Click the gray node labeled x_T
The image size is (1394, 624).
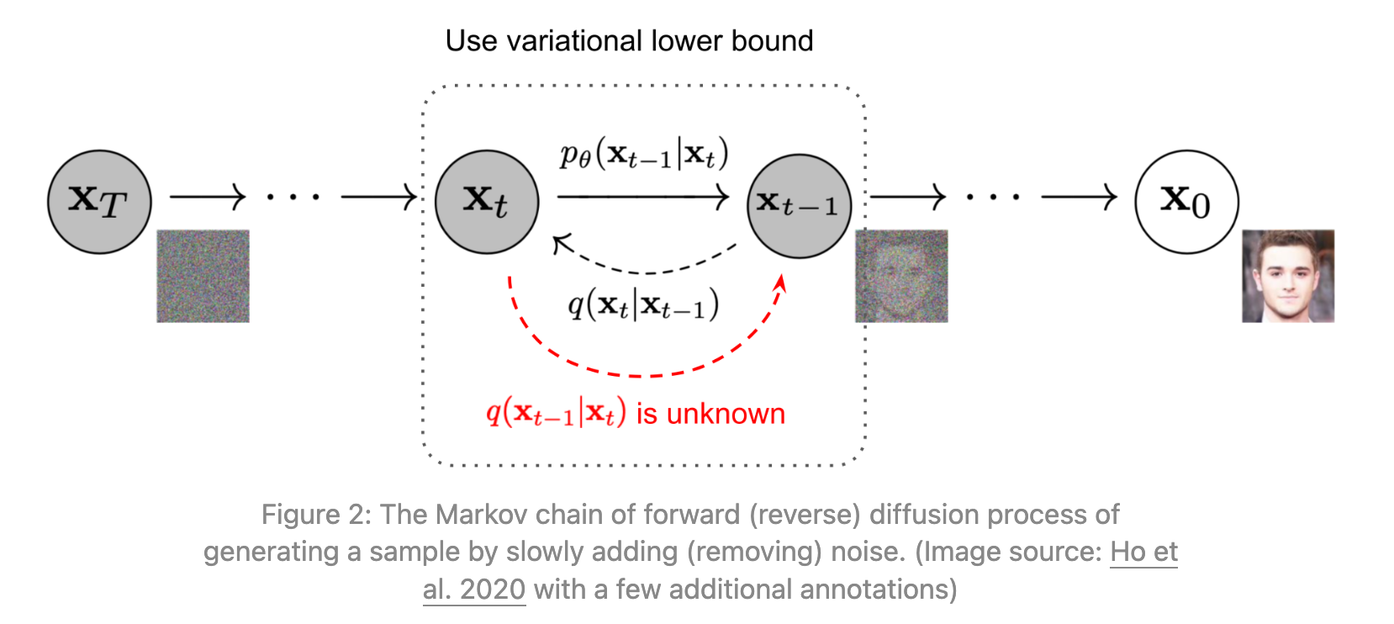[x=99, y=202]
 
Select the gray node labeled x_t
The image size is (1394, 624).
[x=487, y=202]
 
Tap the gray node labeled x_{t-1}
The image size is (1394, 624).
[x=799, y=205]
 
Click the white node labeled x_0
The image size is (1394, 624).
[x=1186, y=202]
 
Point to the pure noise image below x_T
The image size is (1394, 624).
[x=203, y=276]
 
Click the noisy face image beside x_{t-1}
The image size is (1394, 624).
[x=901, y=276]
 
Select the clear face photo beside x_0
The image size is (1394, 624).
[x=1288, y=276]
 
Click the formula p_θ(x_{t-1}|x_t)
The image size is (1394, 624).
[x=644, y=155]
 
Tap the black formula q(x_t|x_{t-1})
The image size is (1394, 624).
[x=643, y=304]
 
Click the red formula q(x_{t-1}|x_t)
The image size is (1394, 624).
[x=556, y=413]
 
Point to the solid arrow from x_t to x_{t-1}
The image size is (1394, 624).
[x=642, y=198]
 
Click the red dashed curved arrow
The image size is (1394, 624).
[x=639, y=373]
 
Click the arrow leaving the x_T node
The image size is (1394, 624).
[x=207, y=198]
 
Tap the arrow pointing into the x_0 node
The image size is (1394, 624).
[x=1079, y=198]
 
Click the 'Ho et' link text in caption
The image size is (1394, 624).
[x=1143, y=552]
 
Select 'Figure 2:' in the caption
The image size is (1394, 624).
[x=315, y=515]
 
